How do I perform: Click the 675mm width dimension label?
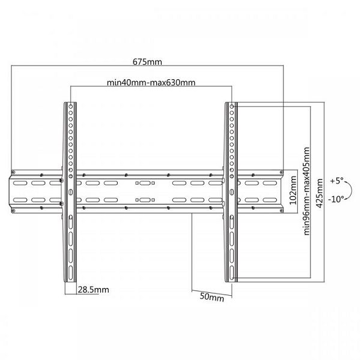(147, 62)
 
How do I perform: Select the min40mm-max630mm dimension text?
(151, 82)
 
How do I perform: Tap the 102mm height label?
(293, 190)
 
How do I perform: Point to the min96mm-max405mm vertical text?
(307, 191)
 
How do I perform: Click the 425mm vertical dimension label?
(320, 193)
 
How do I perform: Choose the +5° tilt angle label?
(336, 181)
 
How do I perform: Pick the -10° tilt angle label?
(336, 199)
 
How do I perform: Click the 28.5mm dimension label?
(94, 290)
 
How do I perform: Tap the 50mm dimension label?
(212, 297)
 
